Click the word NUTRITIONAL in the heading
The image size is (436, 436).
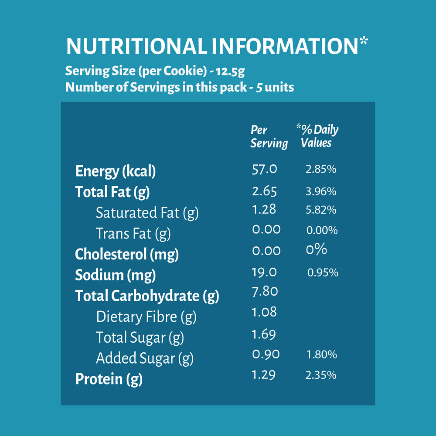pos(136,46)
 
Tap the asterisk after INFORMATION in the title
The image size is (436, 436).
pos(364,41)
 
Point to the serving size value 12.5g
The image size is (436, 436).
pos(230,72)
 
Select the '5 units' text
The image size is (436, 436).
pos(275,87)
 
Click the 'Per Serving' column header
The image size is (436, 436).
pos(269,137)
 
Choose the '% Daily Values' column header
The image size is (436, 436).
pos(317,136)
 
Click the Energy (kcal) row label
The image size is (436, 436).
pos(116,171)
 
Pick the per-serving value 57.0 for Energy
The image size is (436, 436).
pos(265,169)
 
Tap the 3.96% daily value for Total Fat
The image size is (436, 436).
pos(321,191)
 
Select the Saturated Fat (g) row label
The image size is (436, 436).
pos(147,213)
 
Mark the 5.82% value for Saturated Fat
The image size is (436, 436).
pos(321,210)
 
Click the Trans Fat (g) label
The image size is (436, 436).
pos(133,234)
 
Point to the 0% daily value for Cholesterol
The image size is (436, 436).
pos(317,249)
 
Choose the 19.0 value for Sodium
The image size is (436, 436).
pos(264,272)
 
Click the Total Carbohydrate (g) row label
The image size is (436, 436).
pos(147,296)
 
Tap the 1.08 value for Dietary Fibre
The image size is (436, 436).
pos(264,312)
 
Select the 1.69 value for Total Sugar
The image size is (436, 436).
pos(264,334)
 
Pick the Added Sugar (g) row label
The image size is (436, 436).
pos(145,358)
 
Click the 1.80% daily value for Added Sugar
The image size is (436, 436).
pos(322,354)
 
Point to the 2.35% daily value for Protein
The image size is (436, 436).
pos(321,375)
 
